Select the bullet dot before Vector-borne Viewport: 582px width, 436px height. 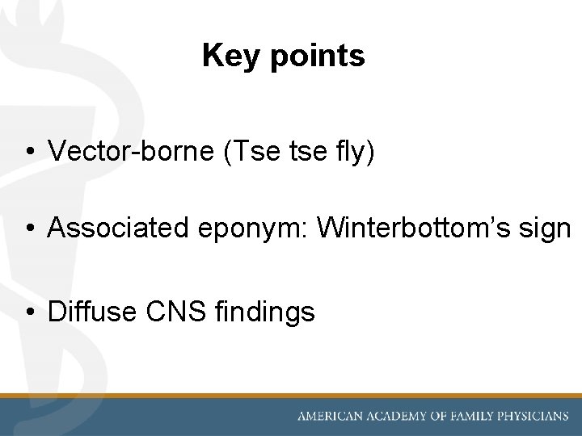(28, 151)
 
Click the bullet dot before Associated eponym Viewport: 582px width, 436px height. (28, 229)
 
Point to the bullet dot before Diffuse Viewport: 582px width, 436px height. (28, 312)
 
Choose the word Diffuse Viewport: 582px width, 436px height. (91, 311)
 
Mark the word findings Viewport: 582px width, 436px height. (265, 312)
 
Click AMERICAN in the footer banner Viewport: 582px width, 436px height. (328, 417)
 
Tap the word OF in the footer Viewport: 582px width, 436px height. (438, 417)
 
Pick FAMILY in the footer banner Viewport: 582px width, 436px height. (474, 417)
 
